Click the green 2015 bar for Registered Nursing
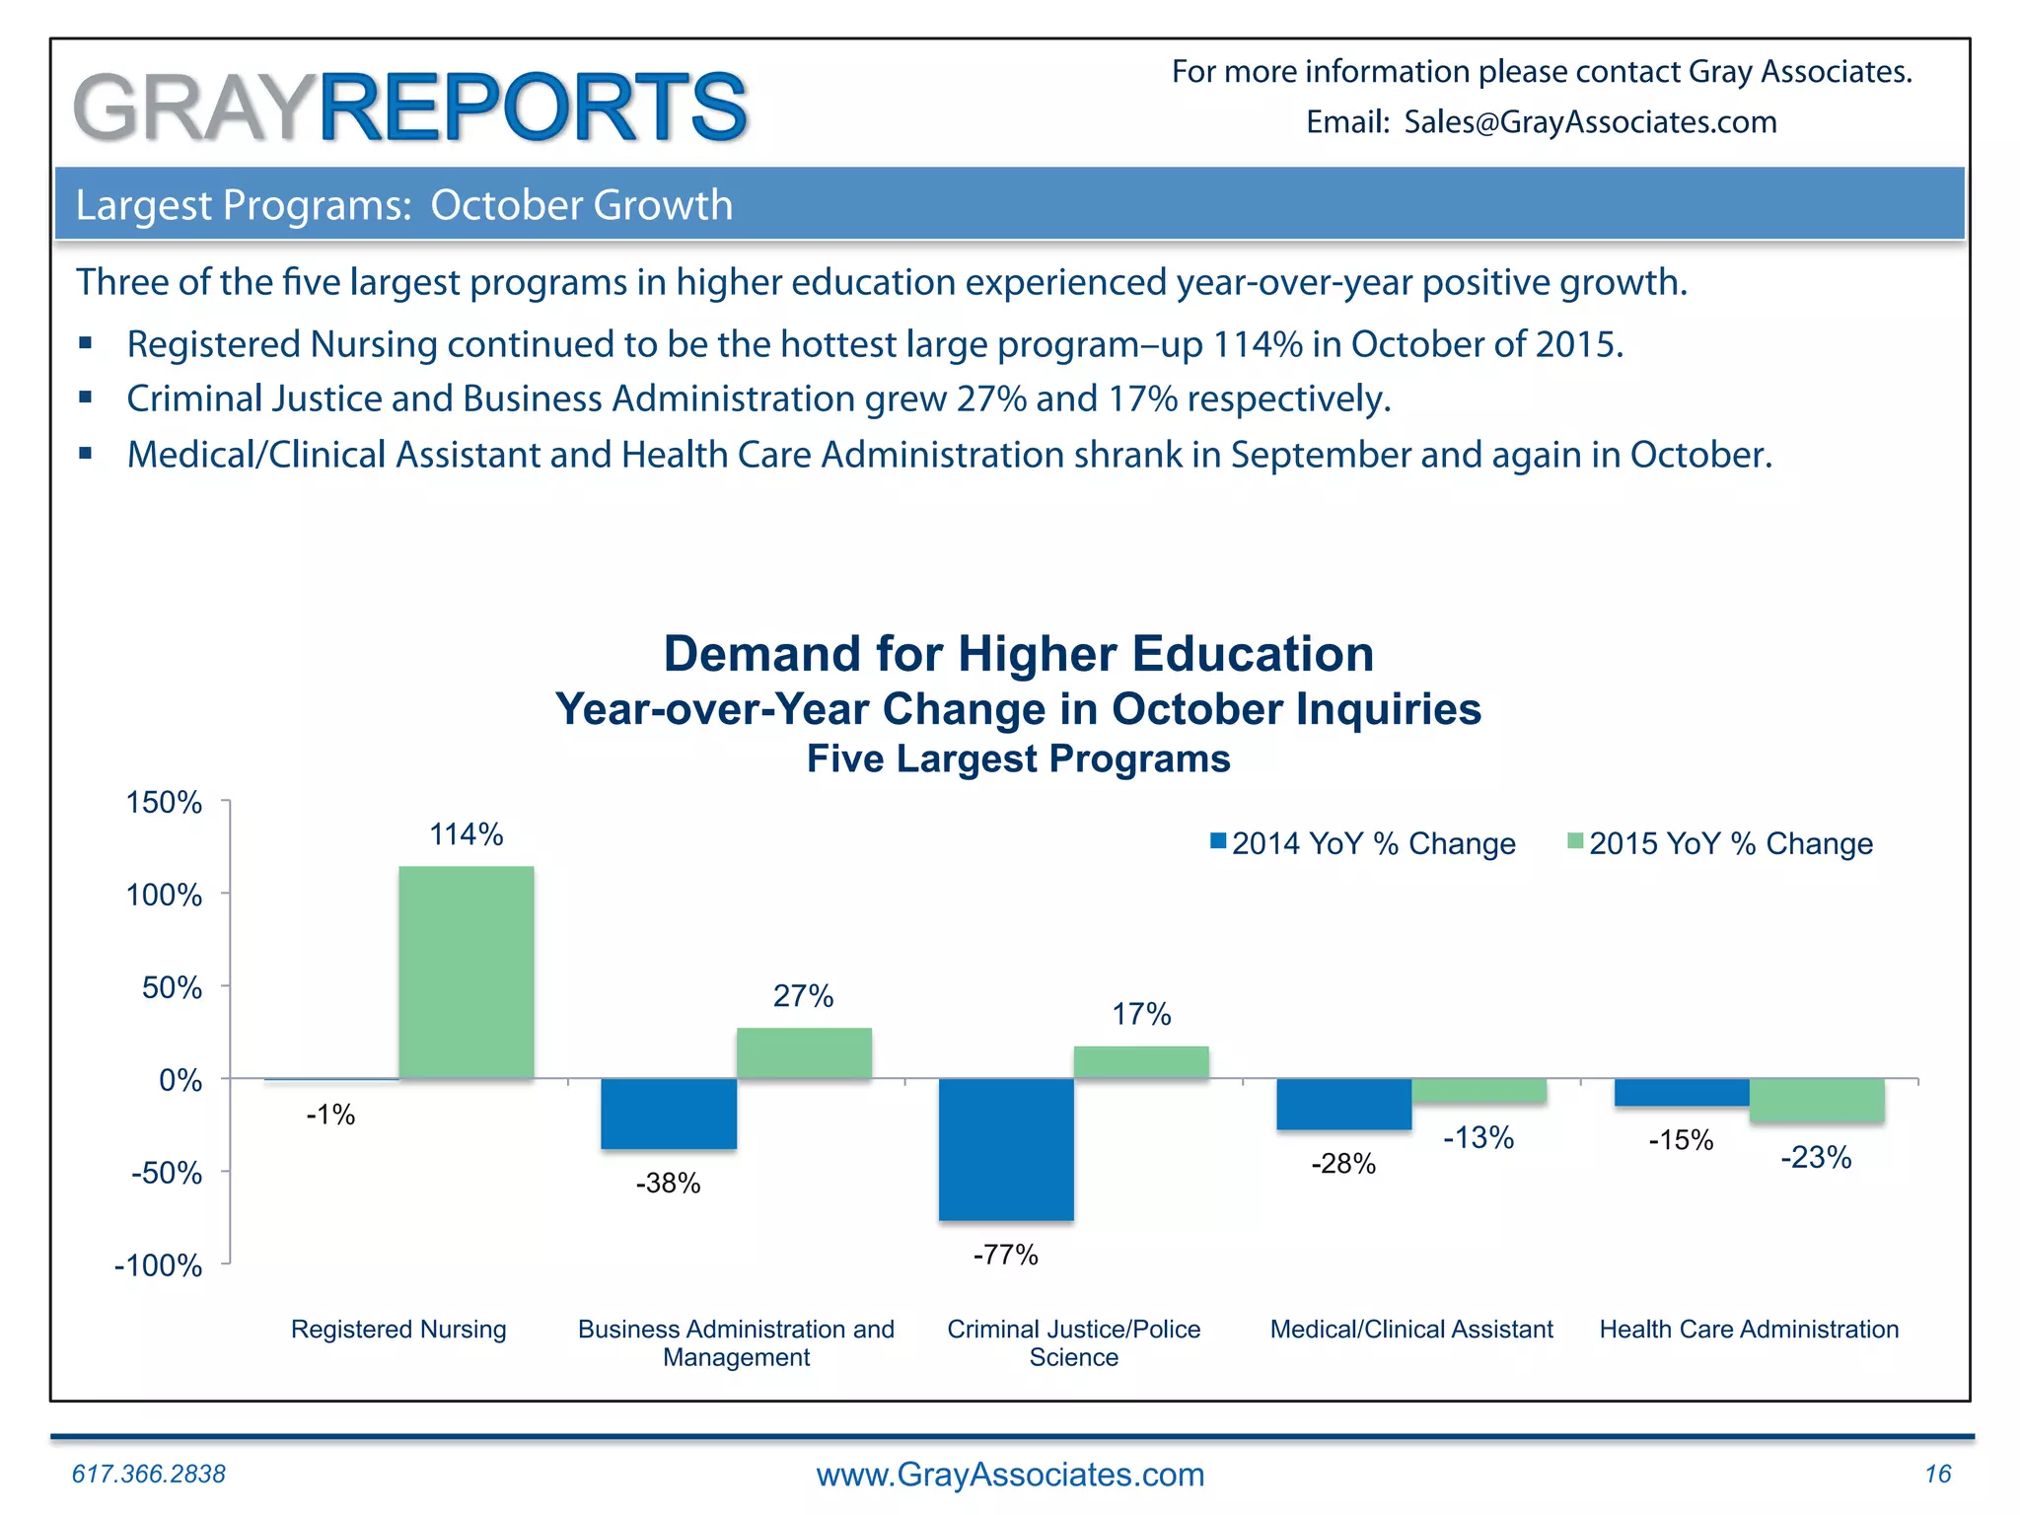click(x=467, y=972)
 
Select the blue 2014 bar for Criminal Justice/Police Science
click(x=1006, y=1149)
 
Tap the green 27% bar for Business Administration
click(x=804, y=1053)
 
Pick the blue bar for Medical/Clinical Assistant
click(x=1343, y=1104)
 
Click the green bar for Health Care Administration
click(x=1817, y=1100)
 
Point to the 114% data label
click(x=466, y=835)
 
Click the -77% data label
click(x=1005, y=1255)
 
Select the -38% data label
click(x=668, y=1184)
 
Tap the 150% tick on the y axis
click(x=164, y=803)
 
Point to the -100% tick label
click(x=158, y=1265)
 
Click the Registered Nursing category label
click(x=398, y=1330)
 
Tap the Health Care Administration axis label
click(x=1749, y=1330)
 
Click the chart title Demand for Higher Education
click(x=1018, y=654)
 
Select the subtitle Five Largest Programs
click(x=1018, y=758)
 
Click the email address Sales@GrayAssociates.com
click(x=1590, y=122)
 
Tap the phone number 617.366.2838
click(x=149, y=1474)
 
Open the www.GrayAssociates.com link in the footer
click(x=1010, y=1475)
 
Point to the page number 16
click(x=1937, y=1474)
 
